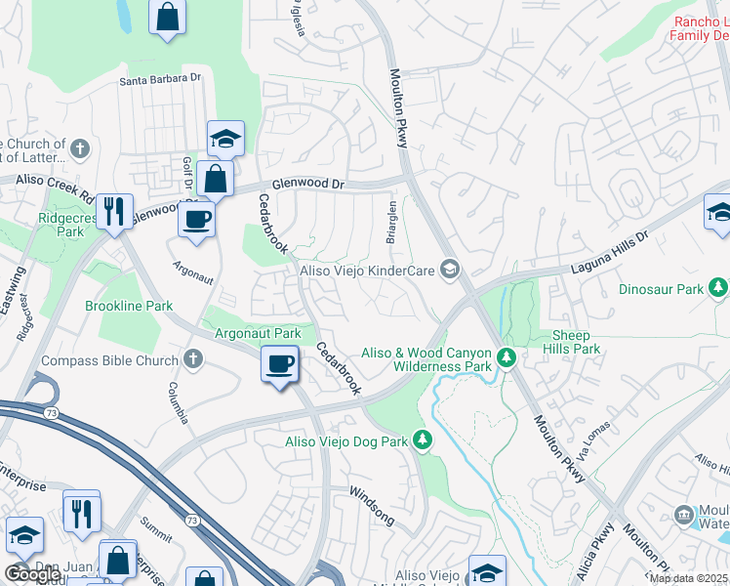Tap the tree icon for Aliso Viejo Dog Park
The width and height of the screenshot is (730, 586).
pos(423,441)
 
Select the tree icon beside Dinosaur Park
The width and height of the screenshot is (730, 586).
pos(719,289)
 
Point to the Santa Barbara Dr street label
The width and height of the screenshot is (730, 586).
pos(160,80)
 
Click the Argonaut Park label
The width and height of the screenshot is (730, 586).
pos(258,333)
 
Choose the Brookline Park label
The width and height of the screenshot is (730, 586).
pos(129,306)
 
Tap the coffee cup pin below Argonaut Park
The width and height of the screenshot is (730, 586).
pos(280,365)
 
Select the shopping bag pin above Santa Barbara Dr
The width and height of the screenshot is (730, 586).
pos(168,17)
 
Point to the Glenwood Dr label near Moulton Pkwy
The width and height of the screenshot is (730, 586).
pos(308,183)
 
